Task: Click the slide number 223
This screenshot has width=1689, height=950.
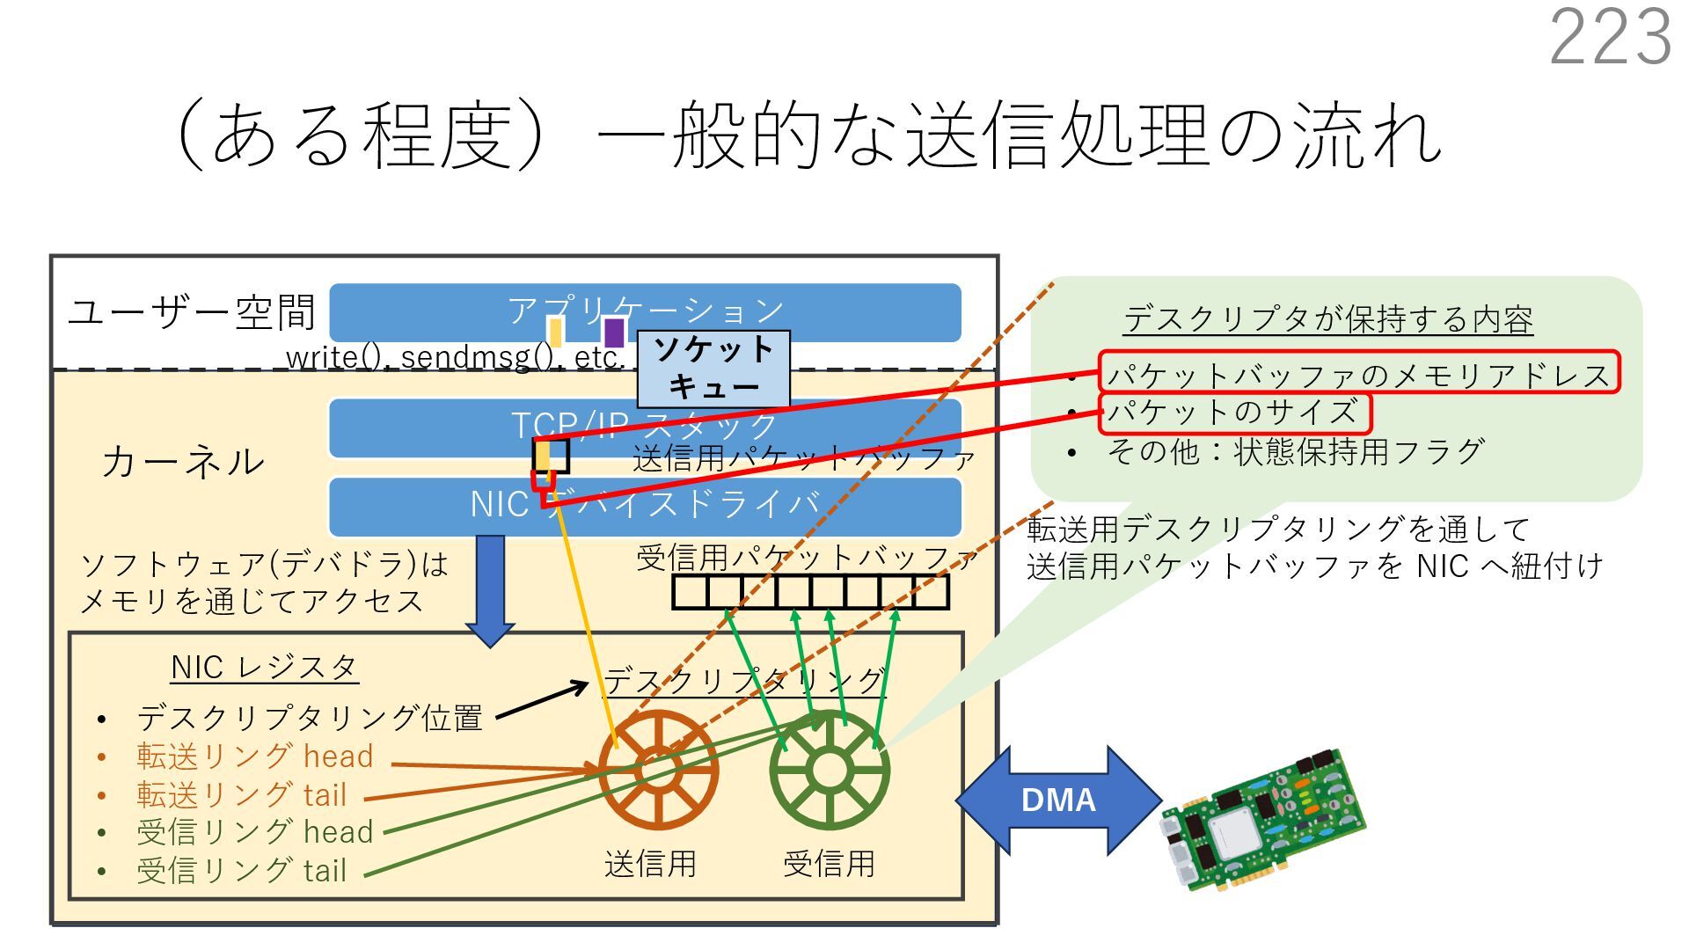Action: click(x=1609, y=37)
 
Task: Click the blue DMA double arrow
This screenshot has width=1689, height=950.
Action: click(x=1058, y=800)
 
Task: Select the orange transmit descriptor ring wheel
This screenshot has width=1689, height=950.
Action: click(x=658, y=771)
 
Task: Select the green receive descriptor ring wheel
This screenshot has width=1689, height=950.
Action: click(x=829, y=771)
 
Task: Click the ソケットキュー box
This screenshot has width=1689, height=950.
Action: click(x=713, y=369)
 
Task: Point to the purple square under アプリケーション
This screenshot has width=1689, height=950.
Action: click(x=614, y=332)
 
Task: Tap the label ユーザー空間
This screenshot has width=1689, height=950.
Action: click(x=191, y=312)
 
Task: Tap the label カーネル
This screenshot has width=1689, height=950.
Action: click(x=182, y=462)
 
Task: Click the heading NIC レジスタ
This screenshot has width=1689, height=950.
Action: click(x=264, y=668)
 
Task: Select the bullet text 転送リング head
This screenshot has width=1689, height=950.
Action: click(x=255, y=756)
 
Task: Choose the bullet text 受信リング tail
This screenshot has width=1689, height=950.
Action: click(x=242, y=871)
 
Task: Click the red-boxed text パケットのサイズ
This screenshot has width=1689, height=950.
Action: click(x=1233, y=413)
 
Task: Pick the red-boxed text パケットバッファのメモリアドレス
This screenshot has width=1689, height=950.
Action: click(x=1358, y=374)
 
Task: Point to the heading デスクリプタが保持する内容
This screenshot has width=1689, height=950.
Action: click(x=1327, y=319)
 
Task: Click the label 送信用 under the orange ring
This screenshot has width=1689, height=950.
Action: click(x=650, y=864)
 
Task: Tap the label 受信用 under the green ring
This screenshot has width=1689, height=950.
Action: click(x=829, y=864)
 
